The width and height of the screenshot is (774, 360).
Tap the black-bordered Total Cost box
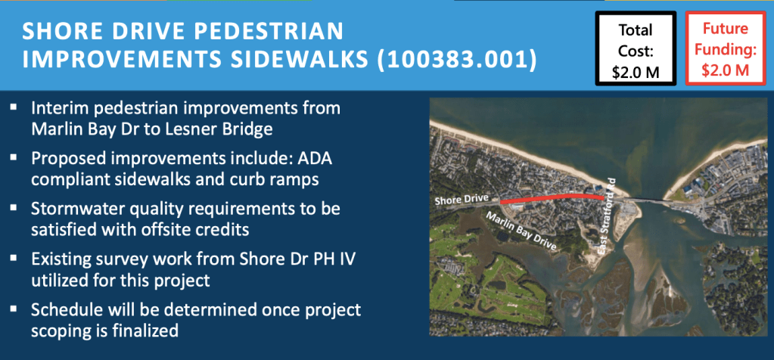click(x=636, y=49)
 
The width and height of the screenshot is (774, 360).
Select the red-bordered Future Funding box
click(x=725, y=49)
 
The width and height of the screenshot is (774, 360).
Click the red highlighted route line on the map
click(x=552, y=197)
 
